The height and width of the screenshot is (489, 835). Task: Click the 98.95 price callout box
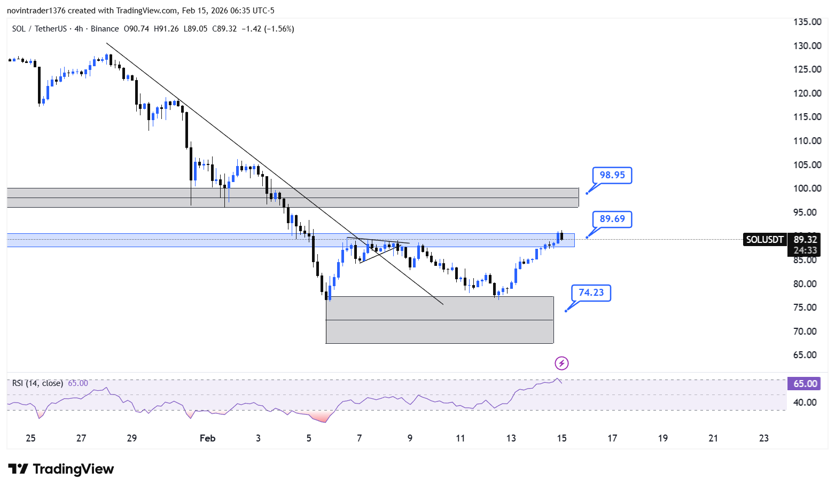[x=612, y=175]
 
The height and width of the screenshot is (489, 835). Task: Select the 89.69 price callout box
[x=612, y=219]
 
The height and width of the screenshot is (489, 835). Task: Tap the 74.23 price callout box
[x=591, y=293]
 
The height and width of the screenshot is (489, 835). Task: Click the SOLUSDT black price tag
[x=764, y=240]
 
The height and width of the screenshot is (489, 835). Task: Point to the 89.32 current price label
[x=805, y=240]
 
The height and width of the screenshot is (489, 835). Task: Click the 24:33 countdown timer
[x=805, y=250]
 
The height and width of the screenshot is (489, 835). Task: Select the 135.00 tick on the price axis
[x=807, y=22]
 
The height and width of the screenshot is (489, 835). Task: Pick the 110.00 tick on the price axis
[x=807, y=141]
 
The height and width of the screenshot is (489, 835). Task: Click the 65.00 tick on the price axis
[x=807, y=355]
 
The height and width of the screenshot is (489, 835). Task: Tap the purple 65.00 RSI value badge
[x=804, y=384]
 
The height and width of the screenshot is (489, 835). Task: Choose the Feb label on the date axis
[x=208, y=438]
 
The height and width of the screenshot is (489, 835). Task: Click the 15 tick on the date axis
[x=562, y=438]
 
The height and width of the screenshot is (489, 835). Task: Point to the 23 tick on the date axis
[x=764, y=438]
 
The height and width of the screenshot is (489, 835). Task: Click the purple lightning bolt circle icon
[x=562, y=363]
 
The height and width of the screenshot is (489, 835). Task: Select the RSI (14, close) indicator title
[x=37, y=383]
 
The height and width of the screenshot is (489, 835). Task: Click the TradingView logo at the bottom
[x=61, y=469]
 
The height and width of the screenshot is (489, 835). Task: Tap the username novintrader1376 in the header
[x=36, y=11]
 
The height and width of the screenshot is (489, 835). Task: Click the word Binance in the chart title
[x=105, y=29]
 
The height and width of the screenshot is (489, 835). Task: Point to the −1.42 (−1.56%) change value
[x=268, y=29]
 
